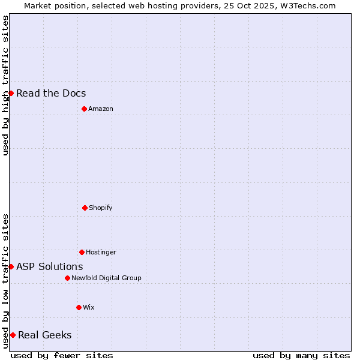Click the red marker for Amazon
pyautogui.click(x=84, y=109)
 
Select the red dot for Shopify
pyautogui.click(x=85, y=208)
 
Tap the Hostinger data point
pyautogui.click(x=82, y=252)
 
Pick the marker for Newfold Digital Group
pyautogui.click(x=67, y=278)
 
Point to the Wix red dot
pyautogui.click(x=79, y=307)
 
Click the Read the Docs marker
pyautogui.click(x=11, y=93)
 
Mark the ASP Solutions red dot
pyautogui.click(x=11, y=266)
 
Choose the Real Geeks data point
pyautogui.click(x=13, y=335)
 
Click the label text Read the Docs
pyautogui.click(x=51, y=93)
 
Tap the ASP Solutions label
pyautogui.click(x=50, y=266)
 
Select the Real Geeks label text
pyautogui.click(x=45, y=335)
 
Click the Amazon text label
pyautogui.click(x=101, y=109)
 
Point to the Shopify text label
pyautogui.click(x=101, y=208)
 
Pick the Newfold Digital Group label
pyautogui.click(x=107, y=278)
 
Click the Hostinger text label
pyautogui.click(x=101, y=252)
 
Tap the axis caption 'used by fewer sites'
pyautogui.click(x=62, y=355)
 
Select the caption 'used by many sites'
pyautogui.click(x=301, y=355)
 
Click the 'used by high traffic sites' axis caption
pyautogui.click(x=5, y=85)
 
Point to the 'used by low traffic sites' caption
pyautogui.click(x=5, y=281)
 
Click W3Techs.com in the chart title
pyautogui.click(x=305, y=5)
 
